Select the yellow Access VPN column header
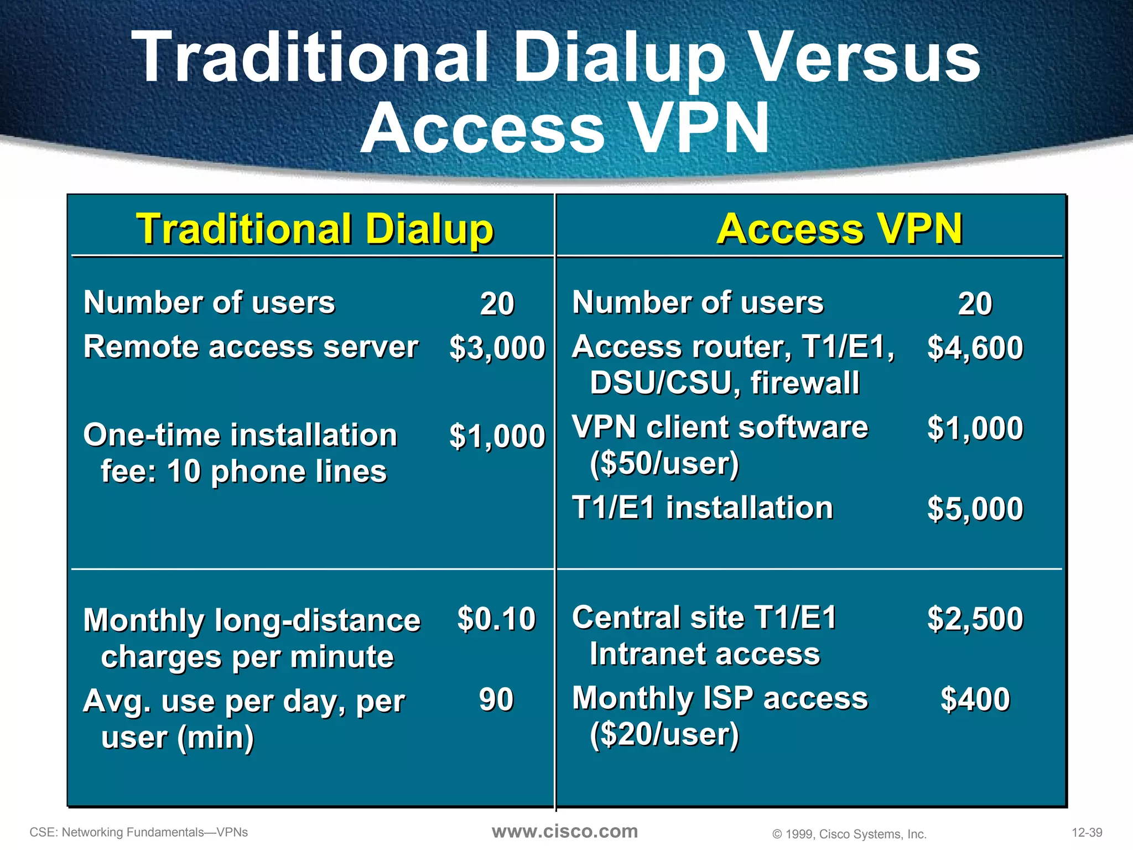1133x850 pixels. [x=839, y=229]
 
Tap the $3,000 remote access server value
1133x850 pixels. [x=497, y=348]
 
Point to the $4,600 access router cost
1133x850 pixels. [x=975, y=348]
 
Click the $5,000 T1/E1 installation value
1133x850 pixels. [x=975, y=509]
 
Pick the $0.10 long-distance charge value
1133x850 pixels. [x=496, y=619]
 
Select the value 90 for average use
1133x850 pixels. [x=496, y=699]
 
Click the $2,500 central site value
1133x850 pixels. [x=975, y=619]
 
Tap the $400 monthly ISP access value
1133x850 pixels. [x=975, y=699]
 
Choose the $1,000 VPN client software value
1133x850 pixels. [x=975, y=428]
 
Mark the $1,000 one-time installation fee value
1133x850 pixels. [x=497, y=436]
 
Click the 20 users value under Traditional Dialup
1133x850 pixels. [x=497, y=304]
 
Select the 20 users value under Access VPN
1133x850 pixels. [x=975, y=304]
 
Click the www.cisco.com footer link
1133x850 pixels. [x=565, y=831]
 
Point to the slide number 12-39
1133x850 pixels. [x=1087, y=832]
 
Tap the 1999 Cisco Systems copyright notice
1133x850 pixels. [x=849, y=834]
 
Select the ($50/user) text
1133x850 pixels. [x=664, y=464]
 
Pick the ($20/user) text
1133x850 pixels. [x=664, y=735]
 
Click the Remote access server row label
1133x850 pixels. [x=251, y=348]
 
